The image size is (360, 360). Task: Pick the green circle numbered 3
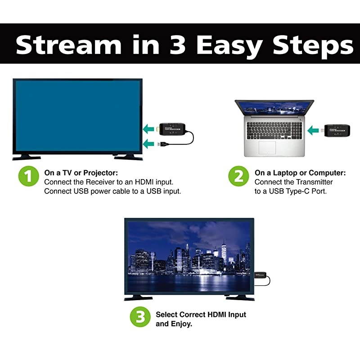(x=140, y=318)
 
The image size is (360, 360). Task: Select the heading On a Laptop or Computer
(x=300, y=173)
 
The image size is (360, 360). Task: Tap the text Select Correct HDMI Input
(x=201, y=315)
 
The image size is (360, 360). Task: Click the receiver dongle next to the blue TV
(x=172, y=129)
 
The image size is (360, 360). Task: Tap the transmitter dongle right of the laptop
(x=336, y=131)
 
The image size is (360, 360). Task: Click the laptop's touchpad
(x=267, y=148)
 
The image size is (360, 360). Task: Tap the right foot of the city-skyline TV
(x=240, y=298)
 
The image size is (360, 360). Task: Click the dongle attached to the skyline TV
(x=261, y=274)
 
